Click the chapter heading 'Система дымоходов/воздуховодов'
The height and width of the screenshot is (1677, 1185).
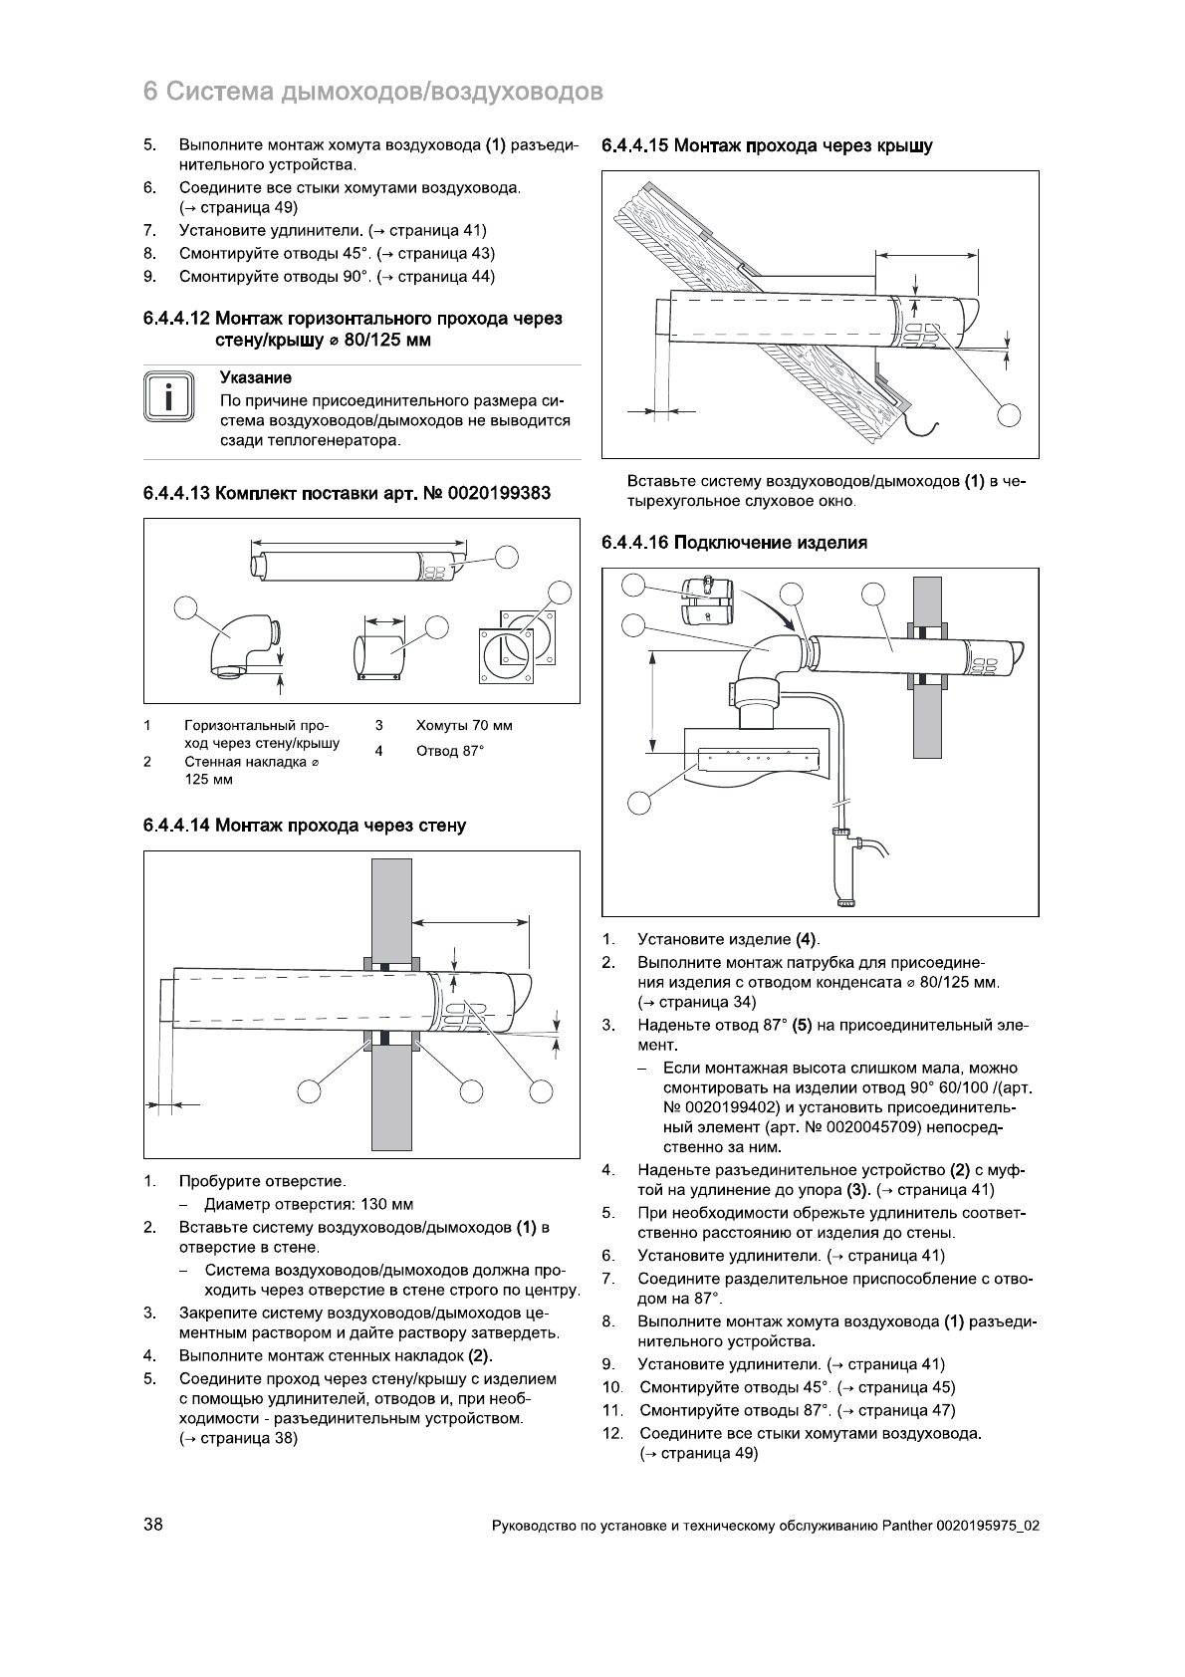(384, 93)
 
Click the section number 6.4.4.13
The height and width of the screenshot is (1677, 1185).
(175, 494)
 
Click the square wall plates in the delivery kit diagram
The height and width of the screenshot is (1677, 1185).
(518, 647)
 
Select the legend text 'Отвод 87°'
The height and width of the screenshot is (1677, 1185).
(450, 750)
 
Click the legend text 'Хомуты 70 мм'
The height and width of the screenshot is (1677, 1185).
(464, 726)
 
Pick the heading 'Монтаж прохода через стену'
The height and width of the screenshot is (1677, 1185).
(341, 826)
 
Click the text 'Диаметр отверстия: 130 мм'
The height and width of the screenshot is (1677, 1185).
(309, 1204)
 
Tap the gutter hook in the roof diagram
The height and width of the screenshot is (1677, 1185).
(924, 425)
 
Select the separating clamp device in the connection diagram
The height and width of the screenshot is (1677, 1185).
(706, 599)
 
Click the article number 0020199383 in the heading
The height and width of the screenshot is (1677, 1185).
(500, 494)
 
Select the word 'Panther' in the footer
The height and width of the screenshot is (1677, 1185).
(906, 1526)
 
